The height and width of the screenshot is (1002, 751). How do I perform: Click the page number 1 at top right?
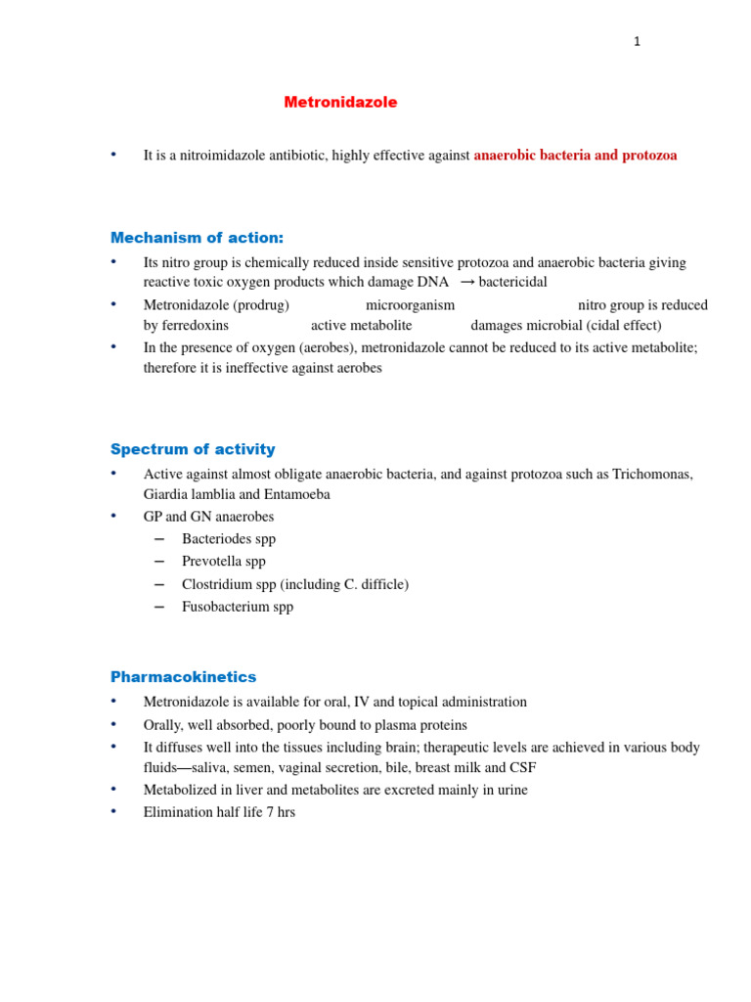pos(637,41)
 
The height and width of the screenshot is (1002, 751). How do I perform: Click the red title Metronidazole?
pos(340,103)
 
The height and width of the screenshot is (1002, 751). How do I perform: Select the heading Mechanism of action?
pos(197,238)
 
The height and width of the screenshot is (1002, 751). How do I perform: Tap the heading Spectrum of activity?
pos(193,449)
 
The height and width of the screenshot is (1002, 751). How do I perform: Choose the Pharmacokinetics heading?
pos(183,677)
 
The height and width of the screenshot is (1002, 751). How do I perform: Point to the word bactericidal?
pos(512,283)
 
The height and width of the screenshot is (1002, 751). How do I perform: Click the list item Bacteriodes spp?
pos(228,539)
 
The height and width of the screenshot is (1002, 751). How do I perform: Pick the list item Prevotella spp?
pos(223,562)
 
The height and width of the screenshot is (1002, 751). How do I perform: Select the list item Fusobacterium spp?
pos(237,607)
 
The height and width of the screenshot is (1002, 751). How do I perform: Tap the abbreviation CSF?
pos(522,769)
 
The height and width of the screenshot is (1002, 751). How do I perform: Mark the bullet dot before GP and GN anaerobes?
pos(113,516)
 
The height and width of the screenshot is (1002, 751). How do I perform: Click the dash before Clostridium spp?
pos(160,584)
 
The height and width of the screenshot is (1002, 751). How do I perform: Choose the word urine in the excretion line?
pos(508,791)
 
